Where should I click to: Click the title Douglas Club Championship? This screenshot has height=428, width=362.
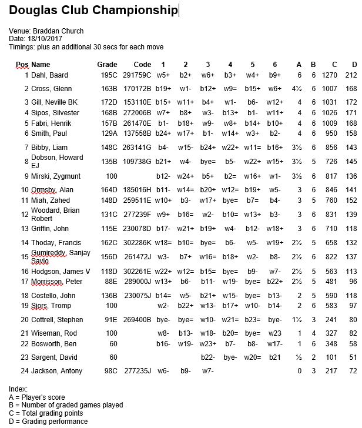point(93,11)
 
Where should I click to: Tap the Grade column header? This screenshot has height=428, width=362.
point(107,64)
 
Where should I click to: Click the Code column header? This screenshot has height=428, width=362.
point(142,64)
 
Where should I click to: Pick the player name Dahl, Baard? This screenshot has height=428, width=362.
point(49,75)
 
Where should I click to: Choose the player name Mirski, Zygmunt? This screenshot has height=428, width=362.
point(56,176)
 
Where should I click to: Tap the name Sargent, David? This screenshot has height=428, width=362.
point(53,357)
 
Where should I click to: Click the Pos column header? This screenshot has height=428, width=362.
point(22,64)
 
